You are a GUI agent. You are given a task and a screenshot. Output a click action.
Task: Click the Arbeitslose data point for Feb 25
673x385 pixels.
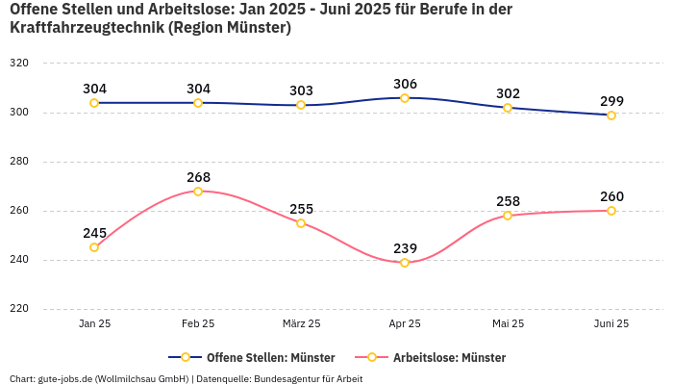198,192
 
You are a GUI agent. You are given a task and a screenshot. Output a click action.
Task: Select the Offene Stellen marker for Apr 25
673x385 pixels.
405,98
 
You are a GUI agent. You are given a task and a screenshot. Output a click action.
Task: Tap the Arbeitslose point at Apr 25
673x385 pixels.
405,263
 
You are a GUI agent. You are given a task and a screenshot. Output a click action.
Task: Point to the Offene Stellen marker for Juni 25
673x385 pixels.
611,115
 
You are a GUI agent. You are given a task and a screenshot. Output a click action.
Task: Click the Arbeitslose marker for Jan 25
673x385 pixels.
94,247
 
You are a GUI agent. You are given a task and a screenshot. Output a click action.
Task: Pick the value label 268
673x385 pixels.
198,177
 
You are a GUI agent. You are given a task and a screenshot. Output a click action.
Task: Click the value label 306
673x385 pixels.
405,84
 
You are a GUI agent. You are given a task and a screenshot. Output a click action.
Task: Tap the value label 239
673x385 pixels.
405,248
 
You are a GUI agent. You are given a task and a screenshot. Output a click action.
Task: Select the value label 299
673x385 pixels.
611,101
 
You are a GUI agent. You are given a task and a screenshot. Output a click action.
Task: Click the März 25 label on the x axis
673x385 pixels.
301,324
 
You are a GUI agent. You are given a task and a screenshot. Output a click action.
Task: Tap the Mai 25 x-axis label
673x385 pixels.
508,324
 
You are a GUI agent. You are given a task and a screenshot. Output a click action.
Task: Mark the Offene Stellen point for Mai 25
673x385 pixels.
508,108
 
